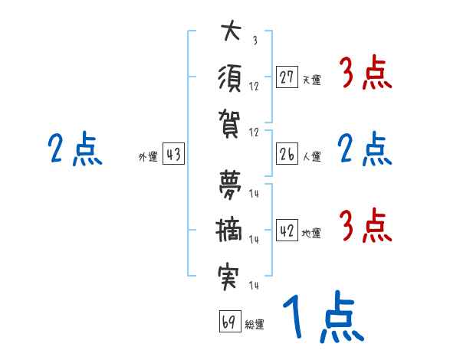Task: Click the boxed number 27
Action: coord(287,77)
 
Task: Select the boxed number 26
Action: coord(287,154)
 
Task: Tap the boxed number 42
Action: coord(287,231)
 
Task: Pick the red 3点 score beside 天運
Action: coord(365,74)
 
